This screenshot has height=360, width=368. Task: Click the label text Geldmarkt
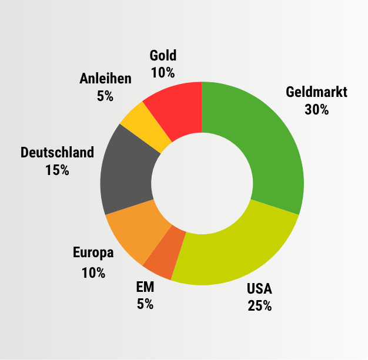pos(317,92)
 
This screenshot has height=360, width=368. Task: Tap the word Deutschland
pos(57,153)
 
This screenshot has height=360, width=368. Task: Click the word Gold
pos(163,56)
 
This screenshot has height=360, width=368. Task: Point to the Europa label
pos(93,253)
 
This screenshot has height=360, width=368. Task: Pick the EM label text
pos(145,287)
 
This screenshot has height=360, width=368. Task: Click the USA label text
pos(260,289)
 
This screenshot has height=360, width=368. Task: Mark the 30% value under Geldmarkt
pos(317,110)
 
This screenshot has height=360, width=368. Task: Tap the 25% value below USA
pos(260,306)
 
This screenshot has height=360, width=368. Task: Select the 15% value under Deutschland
pos(57,171)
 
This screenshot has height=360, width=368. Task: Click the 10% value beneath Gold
pos(163,73)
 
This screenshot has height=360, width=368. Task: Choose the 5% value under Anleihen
pos(105,96)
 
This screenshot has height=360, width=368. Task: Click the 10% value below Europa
pos(93,273)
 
